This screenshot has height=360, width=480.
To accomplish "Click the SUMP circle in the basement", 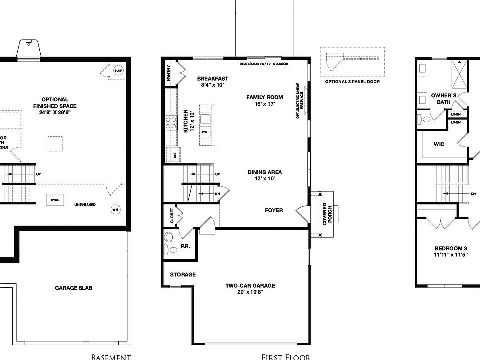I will (x=118, y=70).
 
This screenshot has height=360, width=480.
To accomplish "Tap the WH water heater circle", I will (x=115, y=209).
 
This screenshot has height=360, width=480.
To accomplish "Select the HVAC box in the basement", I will (x=55, y=200).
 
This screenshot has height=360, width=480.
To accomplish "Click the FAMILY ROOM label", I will (x=264, y=97).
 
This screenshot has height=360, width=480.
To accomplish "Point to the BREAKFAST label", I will (x=213, y=79).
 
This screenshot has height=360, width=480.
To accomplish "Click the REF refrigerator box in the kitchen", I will (x=175, y=155).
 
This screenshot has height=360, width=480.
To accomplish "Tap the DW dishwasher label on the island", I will (x=204, y=132).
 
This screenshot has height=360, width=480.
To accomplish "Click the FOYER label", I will (x=274, y=210).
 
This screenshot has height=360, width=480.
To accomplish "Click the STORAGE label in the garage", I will (x=183, y=275).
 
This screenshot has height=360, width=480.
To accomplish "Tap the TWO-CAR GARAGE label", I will (x=250, y=286).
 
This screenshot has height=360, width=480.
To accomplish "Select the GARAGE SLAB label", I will (x=73, y=288).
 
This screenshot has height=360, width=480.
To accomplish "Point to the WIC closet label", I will (x=439, y=144).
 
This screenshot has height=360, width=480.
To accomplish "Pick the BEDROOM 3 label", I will (x=451, y=248).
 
